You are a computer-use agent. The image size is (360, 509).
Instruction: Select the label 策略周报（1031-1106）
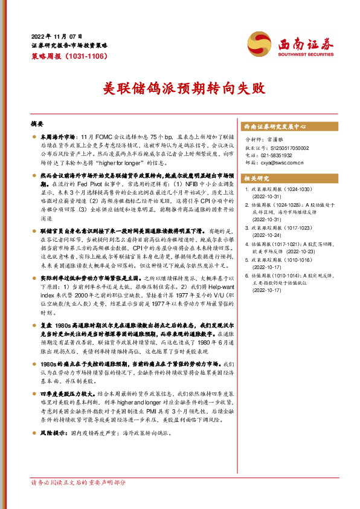click(69, 56)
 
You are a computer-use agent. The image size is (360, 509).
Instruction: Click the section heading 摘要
click(37, 123)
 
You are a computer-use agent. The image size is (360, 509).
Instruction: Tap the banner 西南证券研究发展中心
click(275, 127)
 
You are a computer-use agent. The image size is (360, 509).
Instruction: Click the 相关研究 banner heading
click(254, 178)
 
